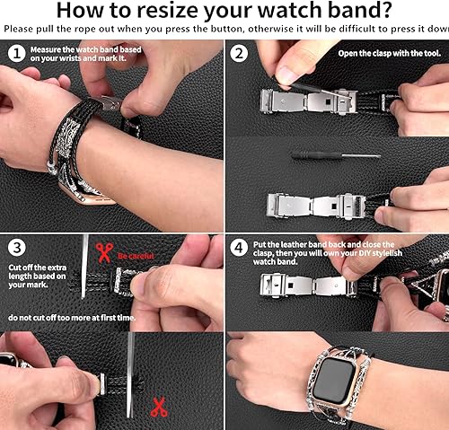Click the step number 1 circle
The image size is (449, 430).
(14, 52)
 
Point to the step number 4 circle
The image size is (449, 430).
(237, 245)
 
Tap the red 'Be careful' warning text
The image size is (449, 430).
(137, 256)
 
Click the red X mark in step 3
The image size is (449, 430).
(157, 405)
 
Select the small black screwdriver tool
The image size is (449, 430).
(320, 155)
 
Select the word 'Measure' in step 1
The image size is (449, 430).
(46, 50)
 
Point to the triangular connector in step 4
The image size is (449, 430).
(418, 283)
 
